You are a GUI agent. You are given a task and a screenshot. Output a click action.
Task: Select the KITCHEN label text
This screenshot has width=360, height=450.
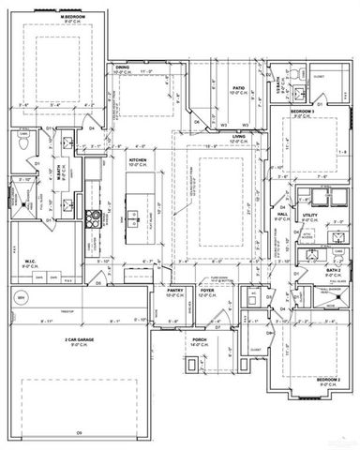tap(139, 159)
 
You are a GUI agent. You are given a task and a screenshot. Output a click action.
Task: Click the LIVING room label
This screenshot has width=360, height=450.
tap(239, 137)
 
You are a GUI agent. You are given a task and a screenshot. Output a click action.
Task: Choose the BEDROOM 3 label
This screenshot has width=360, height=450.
tap(302, 112)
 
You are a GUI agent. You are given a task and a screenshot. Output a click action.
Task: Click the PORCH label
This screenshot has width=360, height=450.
tap(199, 339)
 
